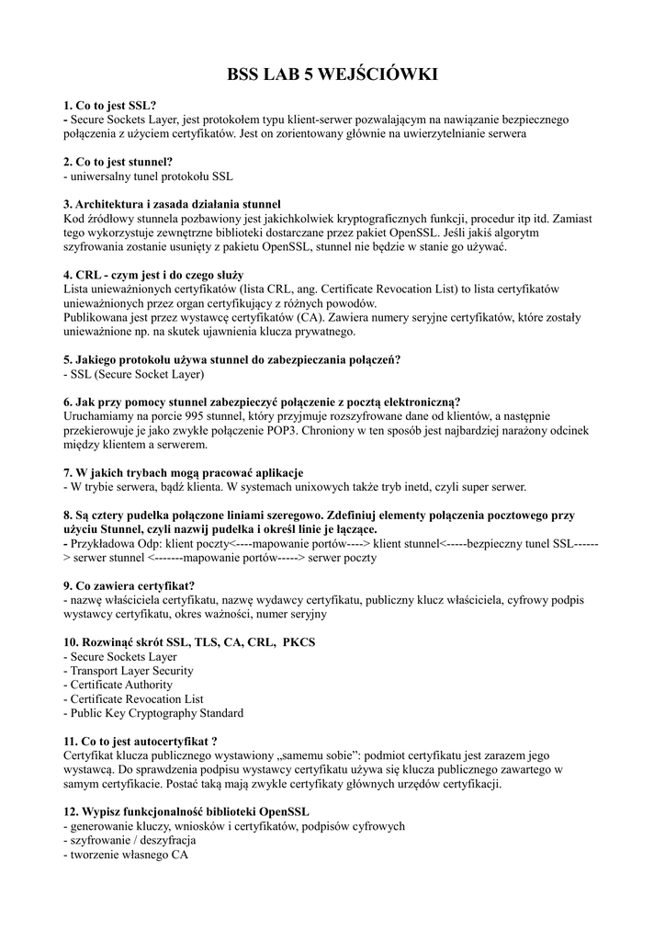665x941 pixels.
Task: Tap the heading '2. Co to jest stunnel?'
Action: tap(118, 161)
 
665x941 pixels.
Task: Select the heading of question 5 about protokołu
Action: tap(231, 359)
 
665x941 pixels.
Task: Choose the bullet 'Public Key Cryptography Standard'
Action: tap(153, 713)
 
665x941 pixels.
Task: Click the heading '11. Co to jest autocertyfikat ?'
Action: tap(141, 741)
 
